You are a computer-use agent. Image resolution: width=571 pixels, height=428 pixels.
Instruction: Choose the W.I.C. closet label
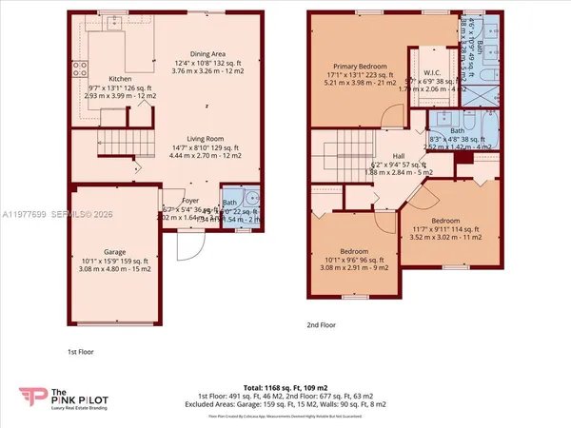point(431,72)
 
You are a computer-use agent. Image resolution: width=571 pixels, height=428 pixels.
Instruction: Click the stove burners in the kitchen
point(80,68)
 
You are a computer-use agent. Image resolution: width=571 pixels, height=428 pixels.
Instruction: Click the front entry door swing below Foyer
point(189,247)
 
